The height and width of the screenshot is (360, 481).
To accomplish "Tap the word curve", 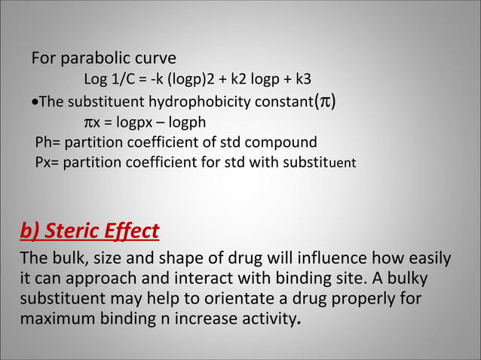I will point(155,59).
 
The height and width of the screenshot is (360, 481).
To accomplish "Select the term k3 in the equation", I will point(303,80).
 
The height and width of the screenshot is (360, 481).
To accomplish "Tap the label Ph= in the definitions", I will point(48,142).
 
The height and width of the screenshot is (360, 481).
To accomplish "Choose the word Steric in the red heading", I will point(71,230).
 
